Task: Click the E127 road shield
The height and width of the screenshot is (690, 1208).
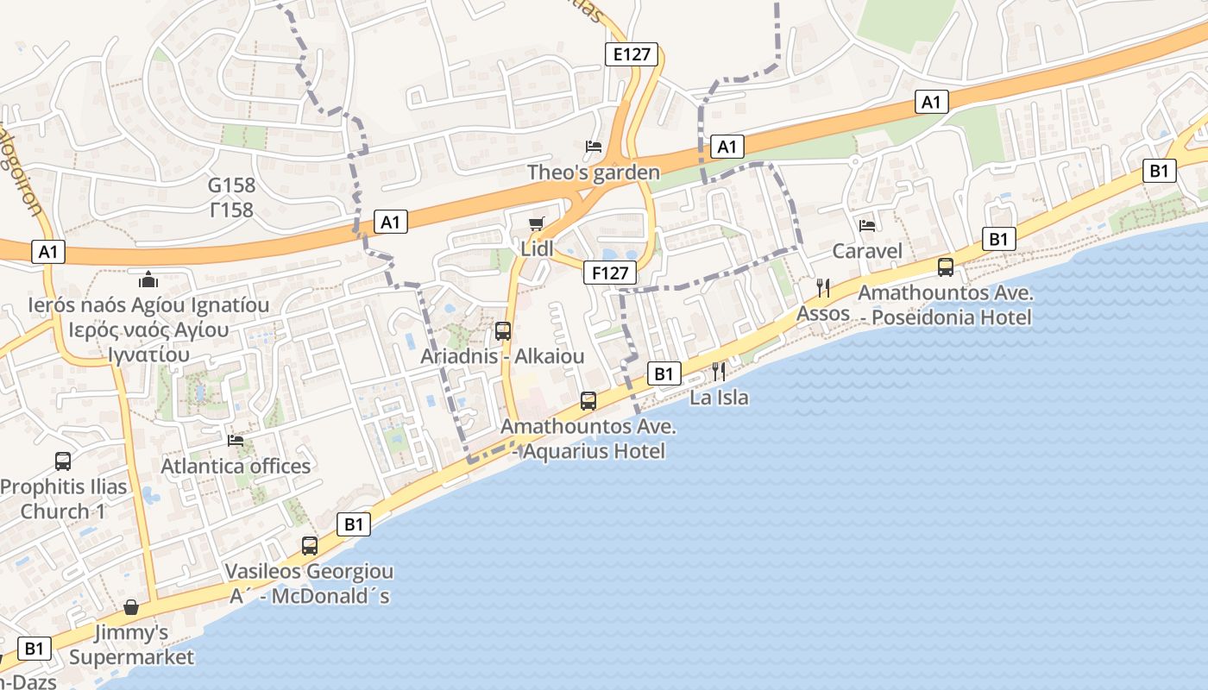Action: point(630,55)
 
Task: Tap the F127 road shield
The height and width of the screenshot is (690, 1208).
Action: point(609,273)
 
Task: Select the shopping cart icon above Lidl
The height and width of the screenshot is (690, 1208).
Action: point(537,224)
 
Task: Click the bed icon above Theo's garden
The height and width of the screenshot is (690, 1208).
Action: point(594,147)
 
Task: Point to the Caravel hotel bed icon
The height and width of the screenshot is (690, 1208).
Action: point(867,226)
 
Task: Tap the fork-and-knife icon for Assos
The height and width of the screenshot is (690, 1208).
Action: point(823,288)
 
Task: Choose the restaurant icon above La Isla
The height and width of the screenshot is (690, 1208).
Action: point(719,372)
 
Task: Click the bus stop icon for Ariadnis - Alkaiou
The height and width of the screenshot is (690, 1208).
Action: point(502,331)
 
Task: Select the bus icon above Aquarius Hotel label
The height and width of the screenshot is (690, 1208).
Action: point(588,401)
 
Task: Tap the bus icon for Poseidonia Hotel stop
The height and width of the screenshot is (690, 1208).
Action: point(946,267)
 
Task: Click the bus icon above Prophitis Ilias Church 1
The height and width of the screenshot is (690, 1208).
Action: point(63,461)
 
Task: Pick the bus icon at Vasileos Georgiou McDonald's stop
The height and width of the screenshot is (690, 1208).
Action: point(309,546)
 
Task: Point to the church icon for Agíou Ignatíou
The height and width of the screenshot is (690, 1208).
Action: point(148,279)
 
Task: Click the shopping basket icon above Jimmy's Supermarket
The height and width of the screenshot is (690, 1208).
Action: point(131,608)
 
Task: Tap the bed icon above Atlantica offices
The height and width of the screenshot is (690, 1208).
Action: point(236,441)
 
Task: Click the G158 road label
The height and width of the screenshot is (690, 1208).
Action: point(231,185)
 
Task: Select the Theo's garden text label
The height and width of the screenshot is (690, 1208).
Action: point(594,172)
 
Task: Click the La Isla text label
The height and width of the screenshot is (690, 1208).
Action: point(719,398)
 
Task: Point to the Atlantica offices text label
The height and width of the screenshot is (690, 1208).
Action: point(236,467)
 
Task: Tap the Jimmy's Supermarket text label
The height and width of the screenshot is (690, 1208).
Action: point(131,645)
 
